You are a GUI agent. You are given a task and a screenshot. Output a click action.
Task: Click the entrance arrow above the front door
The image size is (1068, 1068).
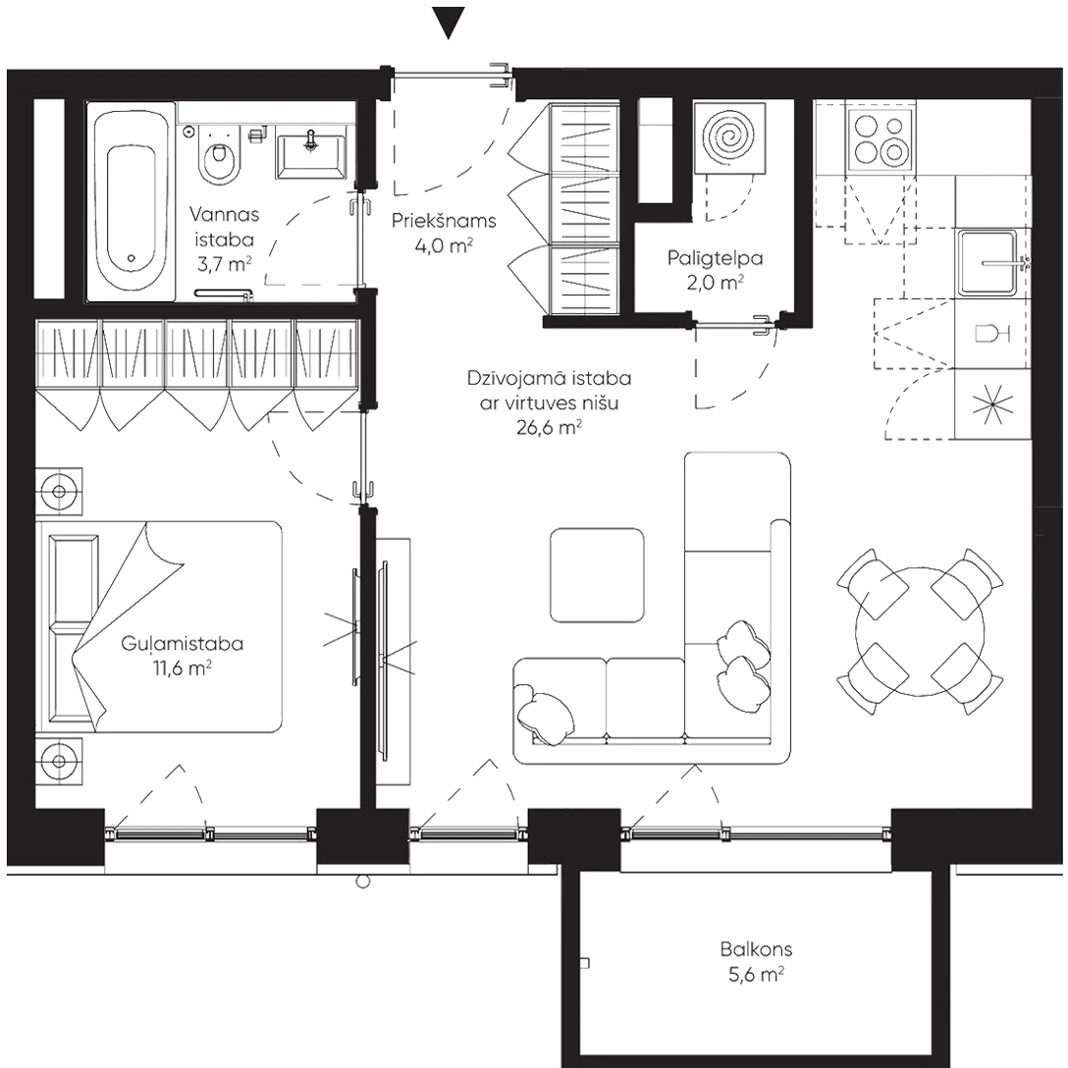pos(448,23)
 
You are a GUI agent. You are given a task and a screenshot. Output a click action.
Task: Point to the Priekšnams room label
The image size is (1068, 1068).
pos(443,221)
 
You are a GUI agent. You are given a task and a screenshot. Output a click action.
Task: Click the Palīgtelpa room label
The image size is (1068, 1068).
pos(717,260)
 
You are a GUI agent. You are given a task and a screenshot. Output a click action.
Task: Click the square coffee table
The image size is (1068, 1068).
pos(596,576)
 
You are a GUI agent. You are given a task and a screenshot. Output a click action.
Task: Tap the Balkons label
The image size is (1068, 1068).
pos(755,950)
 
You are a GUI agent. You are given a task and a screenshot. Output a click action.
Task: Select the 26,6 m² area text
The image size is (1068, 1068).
pos(548,428)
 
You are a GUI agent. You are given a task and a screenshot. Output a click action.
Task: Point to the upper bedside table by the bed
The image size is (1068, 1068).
pos(59,489)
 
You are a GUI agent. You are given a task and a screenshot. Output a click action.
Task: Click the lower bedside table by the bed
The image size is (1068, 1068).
pos(59,760)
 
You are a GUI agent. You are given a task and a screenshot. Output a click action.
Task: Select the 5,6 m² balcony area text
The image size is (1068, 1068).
pos(755,975)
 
